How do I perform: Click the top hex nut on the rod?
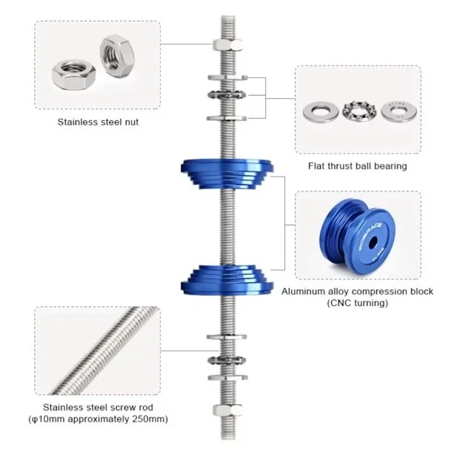click(227, 45)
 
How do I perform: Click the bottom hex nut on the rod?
click(227, 410)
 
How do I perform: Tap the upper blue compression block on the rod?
click(227, 174)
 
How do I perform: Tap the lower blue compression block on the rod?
click(227, 281)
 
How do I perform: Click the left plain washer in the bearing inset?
click(321, 112)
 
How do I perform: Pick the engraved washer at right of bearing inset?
click(399, 111)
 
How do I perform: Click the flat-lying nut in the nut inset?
click(73, 74)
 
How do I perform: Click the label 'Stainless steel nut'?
click(98, 122)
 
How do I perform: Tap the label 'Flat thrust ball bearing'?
click(358, 166)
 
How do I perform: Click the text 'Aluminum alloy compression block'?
click(358, 292)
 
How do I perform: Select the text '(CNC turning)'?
click(358, 303)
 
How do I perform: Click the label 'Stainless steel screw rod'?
click(98, 407)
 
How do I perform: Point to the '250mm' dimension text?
click(147, 419)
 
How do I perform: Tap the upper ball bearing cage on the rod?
click(227, 95)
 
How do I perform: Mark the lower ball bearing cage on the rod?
click(227, 360)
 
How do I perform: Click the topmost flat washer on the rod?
click(227, 78)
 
